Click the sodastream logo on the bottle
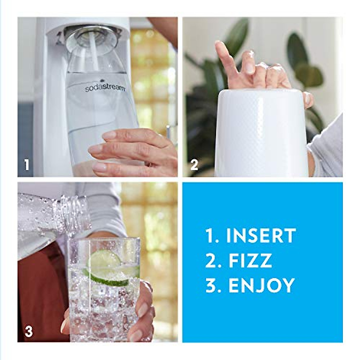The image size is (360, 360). pos(105,87)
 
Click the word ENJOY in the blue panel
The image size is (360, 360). pos(261,285)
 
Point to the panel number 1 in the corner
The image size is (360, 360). pos(27,165)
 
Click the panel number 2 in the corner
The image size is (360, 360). pos(194,165)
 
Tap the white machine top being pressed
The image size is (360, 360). pos(261,132)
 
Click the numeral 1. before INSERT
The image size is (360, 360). pos(211,236)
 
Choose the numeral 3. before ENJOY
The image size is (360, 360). pos(212,285)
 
